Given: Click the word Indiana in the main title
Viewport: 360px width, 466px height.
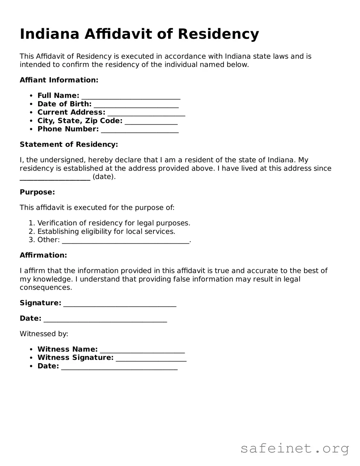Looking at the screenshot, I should pos(49,34).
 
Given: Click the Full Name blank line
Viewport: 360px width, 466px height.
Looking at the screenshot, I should pos(131,96).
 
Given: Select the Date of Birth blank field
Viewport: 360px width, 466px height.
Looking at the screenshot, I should pos(136,104).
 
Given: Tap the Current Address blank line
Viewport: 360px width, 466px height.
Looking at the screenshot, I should pos(146,113).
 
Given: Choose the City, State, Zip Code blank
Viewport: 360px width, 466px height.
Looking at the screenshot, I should pos(151,121).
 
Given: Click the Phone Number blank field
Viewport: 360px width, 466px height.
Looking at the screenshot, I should pos(140,129).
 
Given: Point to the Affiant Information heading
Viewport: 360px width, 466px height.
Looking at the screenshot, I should pos(59,80).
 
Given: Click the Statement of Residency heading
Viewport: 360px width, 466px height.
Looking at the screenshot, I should pos(69,144).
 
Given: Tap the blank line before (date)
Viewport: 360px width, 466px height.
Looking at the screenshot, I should pos(55,177).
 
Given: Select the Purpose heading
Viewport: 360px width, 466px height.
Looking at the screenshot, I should pos(37,192).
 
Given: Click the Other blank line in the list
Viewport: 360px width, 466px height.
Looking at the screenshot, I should pos(126,240).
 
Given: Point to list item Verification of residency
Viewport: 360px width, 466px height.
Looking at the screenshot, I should pos(114,223).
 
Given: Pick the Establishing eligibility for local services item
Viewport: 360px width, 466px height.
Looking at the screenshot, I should pos(106,232).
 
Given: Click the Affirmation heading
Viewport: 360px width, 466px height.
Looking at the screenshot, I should pos(43,255).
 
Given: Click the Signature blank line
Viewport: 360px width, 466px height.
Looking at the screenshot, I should pos(120,303).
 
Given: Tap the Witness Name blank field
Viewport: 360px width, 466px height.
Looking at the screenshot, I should pos(142,349).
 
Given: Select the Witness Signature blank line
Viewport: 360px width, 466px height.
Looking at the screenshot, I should pos(151,358).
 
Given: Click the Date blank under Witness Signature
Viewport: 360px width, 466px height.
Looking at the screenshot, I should pos(119,366).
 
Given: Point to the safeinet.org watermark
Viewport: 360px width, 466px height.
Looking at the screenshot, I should pos(294,448).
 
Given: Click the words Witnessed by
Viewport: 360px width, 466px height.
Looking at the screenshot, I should pos(44,334).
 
